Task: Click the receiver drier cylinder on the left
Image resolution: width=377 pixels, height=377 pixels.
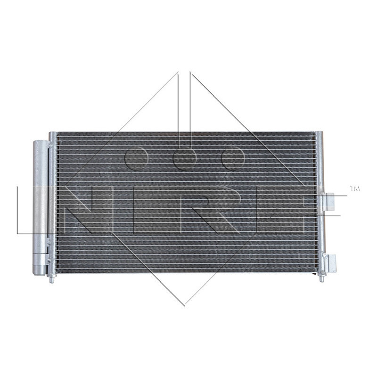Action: point(40,207)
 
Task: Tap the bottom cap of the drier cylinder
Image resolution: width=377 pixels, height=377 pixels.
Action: point(40,270)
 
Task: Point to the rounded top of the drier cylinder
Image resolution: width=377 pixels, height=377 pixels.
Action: point(40,143)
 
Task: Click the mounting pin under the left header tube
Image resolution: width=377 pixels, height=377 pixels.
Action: point(52,279)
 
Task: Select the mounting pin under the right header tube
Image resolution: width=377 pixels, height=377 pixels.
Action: point(322,278)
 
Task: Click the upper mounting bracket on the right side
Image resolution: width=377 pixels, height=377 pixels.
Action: point(329,202)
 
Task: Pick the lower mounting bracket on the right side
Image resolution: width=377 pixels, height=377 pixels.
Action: point(330,263)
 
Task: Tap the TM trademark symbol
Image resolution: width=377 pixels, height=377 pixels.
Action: point(354,189)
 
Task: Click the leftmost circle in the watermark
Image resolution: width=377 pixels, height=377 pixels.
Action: point(136,158)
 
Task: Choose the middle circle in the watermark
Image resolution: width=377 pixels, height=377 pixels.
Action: point(185,158)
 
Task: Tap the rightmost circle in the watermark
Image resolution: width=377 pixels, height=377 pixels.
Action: point(233,158)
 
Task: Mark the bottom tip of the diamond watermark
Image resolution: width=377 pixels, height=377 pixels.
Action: point(184,304)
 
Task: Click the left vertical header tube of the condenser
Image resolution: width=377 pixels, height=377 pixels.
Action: point(52,203)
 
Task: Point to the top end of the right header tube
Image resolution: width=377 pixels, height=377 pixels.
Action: point(320,134)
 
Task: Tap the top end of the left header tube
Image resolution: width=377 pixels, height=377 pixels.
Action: point(52,134)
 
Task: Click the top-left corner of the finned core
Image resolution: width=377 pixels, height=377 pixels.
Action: point(58,134)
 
